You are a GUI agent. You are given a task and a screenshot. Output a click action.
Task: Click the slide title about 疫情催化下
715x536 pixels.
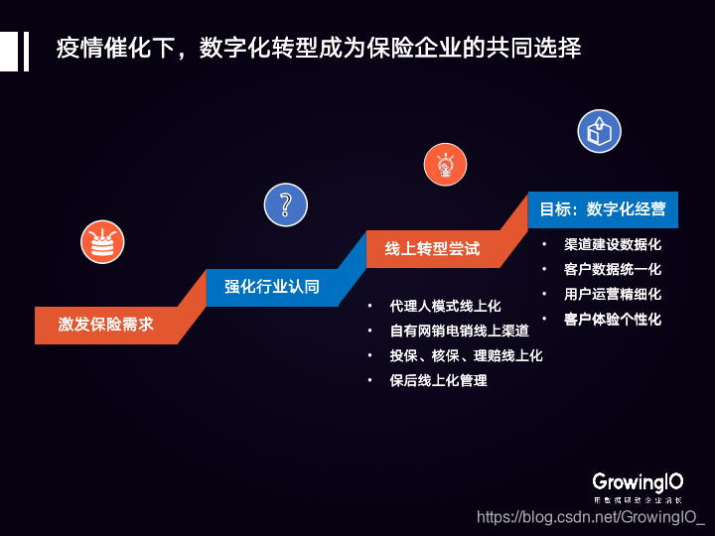[x=319, y=48]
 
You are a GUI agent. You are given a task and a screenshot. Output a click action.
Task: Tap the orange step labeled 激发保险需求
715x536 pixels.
[x=105, y=325]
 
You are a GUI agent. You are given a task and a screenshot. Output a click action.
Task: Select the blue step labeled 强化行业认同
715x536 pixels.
[x=271, y=287]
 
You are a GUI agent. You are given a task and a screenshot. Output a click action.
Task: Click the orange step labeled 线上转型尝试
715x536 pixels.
[x=432, y=248]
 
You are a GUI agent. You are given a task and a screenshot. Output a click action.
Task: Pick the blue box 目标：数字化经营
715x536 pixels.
[x=603, y=209]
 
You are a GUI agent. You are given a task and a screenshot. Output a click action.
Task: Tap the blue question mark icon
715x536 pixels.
[x=285, y=204]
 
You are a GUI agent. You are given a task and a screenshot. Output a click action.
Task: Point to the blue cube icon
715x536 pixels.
[x=599, y=131]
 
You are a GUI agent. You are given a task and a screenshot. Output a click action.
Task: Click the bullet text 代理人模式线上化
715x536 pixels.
[x=445, y=306]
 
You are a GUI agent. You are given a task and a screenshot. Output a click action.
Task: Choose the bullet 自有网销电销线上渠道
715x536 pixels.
[x=459, y=331]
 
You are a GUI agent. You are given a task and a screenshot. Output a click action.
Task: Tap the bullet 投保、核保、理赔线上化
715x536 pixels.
[x=466, y=355]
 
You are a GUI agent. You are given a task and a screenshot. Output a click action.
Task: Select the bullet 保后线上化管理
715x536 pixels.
[x=438, y=380]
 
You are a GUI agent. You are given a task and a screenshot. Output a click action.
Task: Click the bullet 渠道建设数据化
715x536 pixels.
[x=612, y=244]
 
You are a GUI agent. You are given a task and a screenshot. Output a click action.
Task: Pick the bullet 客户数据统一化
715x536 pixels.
[x=612, y=269]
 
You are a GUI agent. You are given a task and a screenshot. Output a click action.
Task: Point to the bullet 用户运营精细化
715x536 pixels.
[x=612, y=294]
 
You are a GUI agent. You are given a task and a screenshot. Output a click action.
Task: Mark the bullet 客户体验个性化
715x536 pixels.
[x=612, y=319]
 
